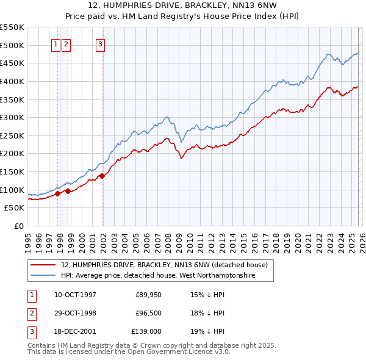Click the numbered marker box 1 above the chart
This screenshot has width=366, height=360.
point(56,43)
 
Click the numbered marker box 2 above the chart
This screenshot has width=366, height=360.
point(65,43)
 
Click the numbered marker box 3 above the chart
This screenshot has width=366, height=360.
point(100,43)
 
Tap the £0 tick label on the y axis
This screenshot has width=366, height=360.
point(18,226)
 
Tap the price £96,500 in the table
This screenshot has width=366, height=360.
point(149,313)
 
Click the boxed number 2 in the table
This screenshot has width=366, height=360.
point(31,313)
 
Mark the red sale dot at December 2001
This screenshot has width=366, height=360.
point(102,176)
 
